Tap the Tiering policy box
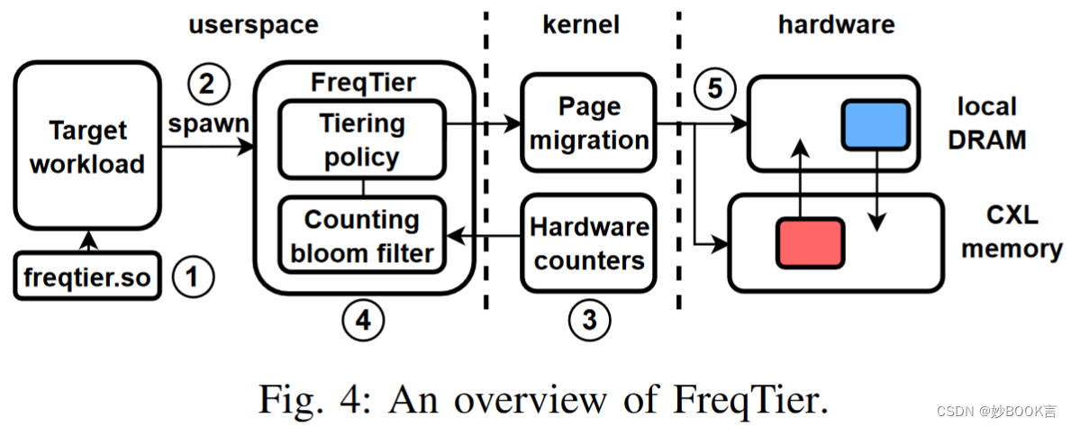[362, 140]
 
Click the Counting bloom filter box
[362, 236]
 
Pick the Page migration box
[589, 123]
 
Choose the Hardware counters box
[589, 243]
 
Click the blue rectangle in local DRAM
[876, 123]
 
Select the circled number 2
[207, 86]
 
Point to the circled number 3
[589, 318]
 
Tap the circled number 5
[714, 89]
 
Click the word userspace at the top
[253, 24]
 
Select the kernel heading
[582, 24]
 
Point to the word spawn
[208, 123]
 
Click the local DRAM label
[987, 123]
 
